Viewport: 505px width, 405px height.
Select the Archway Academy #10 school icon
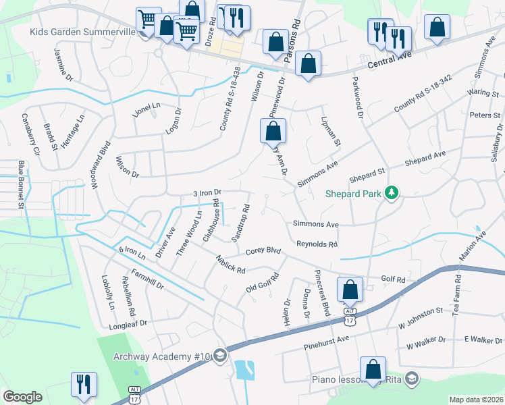click(220, 356)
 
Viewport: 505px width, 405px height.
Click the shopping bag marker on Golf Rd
click(350, 290)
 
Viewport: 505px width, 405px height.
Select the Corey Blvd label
click(263, 250)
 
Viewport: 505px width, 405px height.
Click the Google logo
click(22, 397)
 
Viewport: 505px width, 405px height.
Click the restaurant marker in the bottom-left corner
click(84, 385)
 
